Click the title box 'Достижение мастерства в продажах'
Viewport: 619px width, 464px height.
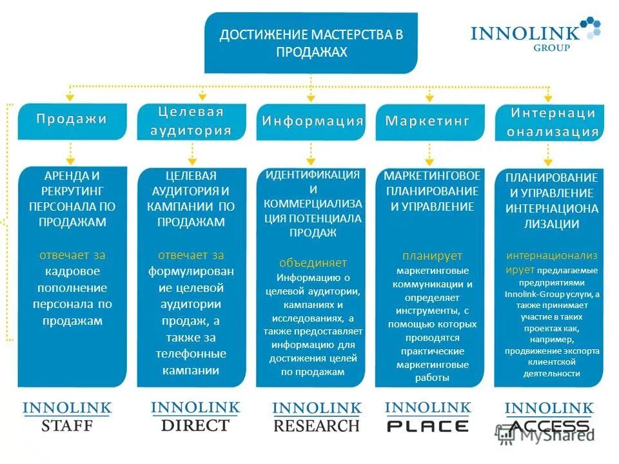311,43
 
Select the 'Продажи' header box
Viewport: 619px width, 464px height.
71,120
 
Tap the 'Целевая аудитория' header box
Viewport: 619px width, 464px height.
191,121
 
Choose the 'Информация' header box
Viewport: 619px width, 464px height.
311,121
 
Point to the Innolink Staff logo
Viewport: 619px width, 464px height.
67,416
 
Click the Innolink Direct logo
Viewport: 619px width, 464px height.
195,416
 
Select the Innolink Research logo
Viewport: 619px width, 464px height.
316,417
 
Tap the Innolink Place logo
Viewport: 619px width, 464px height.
428,416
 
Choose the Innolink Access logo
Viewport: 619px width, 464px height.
549,418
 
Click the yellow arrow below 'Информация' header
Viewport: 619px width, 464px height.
311,153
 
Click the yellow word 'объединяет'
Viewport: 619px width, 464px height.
313,263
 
